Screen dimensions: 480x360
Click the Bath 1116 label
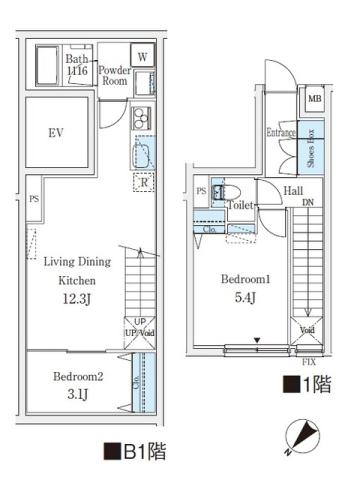pyautogui.click(x=78, y=66)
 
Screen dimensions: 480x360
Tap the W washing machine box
pyautogui.click(x=142, y=57)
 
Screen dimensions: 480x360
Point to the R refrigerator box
pyautogui.click(x=142, y=181)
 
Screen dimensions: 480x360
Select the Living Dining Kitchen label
pyautogui.click(x=76, y=271)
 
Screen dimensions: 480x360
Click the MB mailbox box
pyautogui.click(x=313, y=98)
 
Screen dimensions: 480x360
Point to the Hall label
pyautogui.click(x=293, y=190)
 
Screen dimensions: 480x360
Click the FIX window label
pyautogui.click(x=309, y=361)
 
